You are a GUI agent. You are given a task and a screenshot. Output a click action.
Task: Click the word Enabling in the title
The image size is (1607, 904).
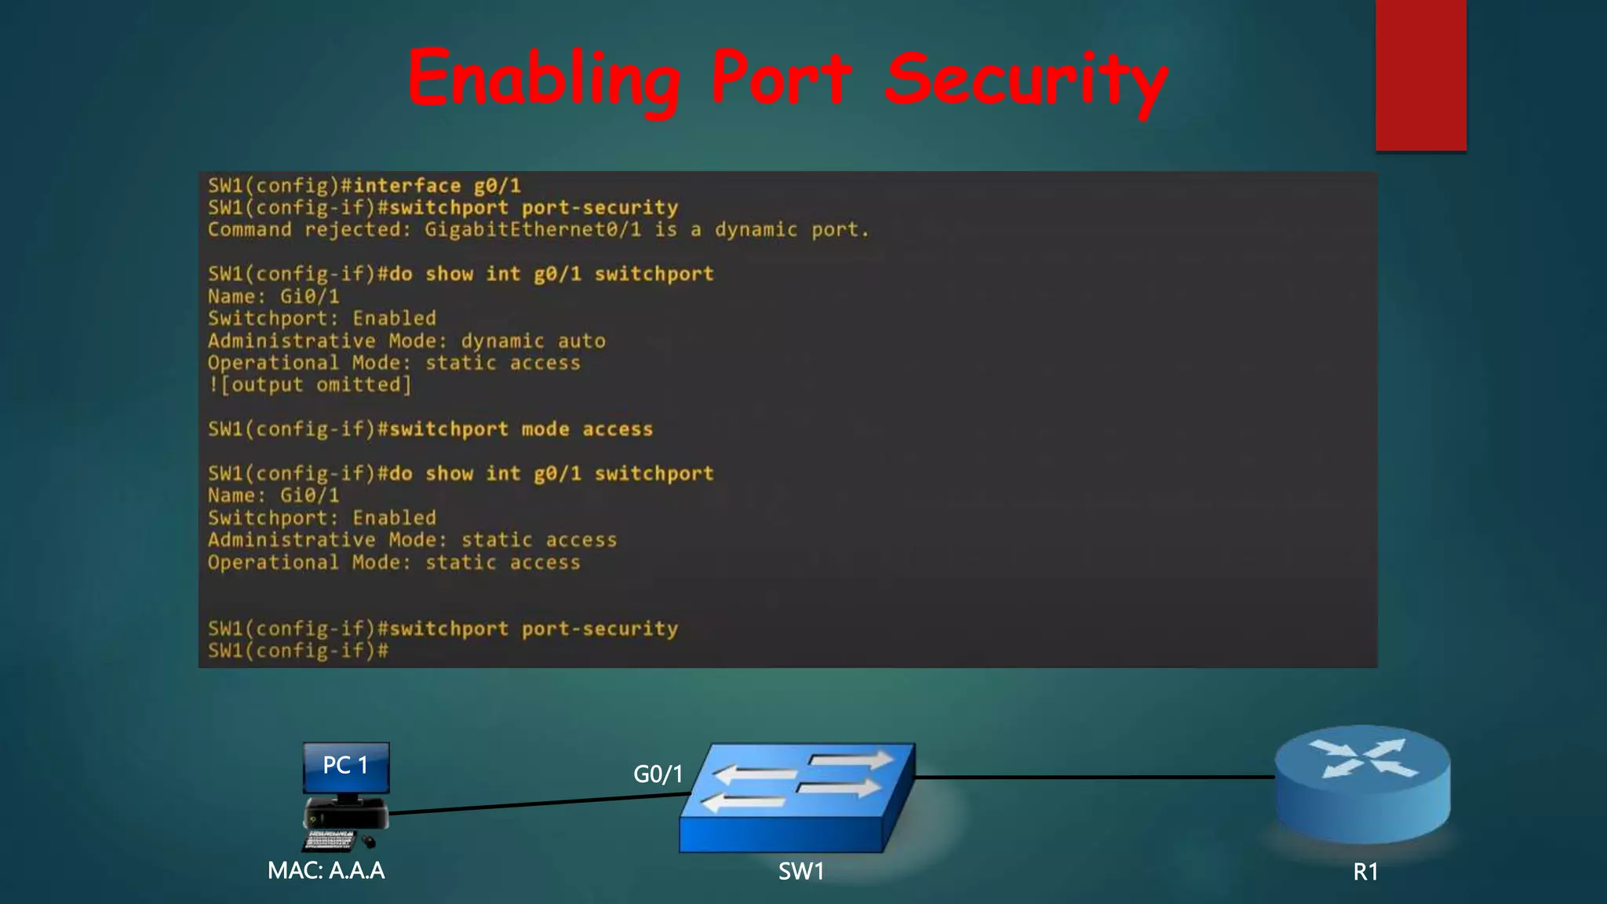pos(544,79)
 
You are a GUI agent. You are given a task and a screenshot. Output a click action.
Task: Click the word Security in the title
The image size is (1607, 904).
pos(1026,79)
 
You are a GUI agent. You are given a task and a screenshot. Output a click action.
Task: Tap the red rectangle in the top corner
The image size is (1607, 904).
pos(1420,75)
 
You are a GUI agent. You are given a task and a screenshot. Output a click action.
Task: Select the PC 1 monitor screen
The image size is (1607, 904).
pos(346,767)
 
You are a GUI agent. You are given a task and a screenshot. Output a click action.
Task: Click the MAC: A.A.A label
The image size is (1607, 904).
pos(326,870)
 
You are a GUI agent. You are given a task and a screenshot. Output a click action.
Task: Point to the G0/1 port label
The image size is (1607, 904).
pos(658,775)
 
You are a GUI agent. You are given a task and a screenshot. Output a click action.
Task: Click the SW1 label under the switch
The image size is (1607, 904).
pos(800,871)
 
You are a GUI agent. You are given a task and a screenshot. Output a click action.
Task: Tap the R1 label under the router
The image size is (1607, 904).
pos(1365,872)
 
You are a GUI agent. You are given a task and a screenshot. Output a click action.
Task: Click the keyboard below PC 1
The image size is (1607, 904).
pos(330,840)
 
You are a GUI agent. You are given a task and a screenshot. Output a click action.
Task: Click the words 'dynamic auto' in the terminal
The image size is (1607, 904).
pos(533,341)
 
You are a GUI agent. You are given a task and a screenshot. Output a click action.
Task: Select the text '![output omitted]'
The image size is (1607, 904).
pos(309,385)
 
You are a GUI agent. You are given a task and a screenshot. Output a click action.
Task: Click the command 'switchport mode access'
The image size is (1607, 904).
pos(521,429)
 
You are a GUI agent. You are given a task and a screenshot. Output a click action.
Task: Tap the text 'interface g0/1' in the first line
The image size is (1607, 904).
pos(436,186)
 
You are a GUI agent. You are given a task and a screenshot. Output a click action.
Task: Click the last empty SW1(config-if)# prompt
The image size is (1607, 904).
pos(298,651)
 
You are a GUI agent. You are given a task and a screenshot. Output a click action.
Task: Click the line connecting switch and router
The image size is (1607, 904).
pos(1095,777)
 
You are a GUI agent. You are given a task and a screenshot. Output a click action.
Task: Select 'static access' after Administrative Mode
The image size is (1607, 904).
pos(538,540)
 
